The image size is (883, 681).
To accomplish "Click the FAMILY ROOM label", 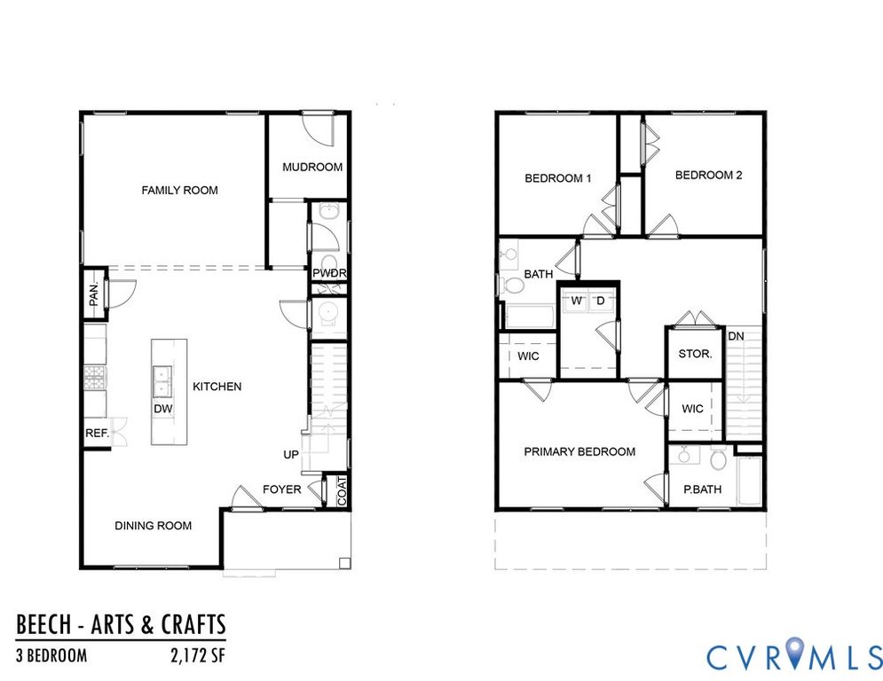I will coord(180,190).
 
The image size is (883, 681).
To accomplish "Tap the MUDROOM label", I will coord(312,167).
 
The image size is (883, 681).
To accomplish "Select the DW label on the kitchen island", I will coord(162,409).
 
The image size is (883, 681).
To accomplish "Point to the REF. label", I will coord(97,434).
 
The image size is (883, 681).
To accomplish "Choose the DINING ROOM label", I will coord(154,526).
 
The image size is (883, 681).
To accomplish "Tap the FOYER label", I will coord(282,489).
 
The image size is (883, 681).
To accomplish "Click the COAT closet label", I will coord(342,492).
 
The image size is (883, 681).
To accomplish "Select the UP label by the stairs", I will coord(291,455).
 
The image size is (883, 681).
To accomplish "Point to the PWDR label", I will coord(329,273).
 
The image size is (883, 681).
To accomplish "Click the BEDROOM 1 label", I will coord(558,178).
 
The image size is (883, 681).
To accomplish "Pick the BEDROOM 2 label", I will coord(708,176).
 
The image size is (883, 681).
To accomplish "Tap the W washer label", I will coord(576,301).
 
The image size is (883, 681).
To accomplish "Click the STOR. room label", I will coord(695,354).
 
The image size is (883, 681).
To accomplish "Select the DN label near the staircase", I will coord(736,336).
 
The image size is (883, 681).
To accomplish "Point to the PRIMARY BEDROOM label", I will coord(579,451).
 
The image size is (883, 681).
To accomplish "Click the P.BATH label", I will coord(700,489).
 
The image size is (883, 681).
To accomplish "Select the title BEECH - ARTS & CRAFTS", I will coord(121,624).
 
